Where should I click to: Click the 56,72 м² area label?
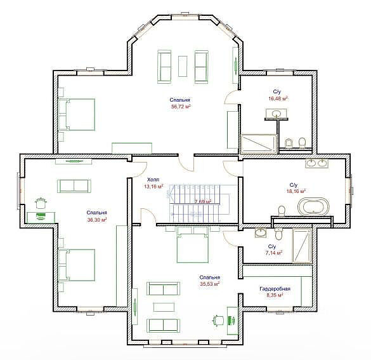pos(181,107)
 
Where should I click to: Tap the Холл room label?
pos(153,179)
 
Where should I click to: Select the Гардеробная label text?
pos(275,289)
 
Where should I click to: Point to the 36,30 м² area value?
pos(97,220)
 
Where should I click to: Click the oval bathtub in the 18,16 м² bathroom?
pos(313,206)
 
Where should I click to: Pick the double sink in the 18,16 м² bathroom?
pos(317,163)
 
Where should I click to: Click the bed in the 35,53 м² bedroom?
pos(192,244)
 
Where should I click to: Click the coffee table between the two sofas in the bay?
pos(183,66)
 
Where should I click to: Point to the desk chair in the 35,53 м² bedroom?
pos(218,321)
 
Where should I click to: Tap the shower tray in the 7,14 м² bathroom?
pos(302,245)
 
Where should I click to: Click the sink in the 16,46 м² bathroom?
pos(276,114)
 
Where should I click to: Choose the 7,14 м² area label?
pos(274,253)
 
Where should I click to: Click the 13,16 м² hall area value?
pos(153,187)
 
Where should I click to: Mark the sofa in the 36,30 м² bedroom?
pos(74,186)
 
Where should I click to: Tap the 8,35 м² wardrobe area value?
pos(275,295)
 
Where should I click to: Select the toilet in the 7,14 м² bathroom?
pos(278,234)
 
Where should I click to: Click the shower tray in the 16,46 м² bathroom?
pos(258,144)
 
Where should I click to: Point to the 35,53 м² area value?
pos(210,284)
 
